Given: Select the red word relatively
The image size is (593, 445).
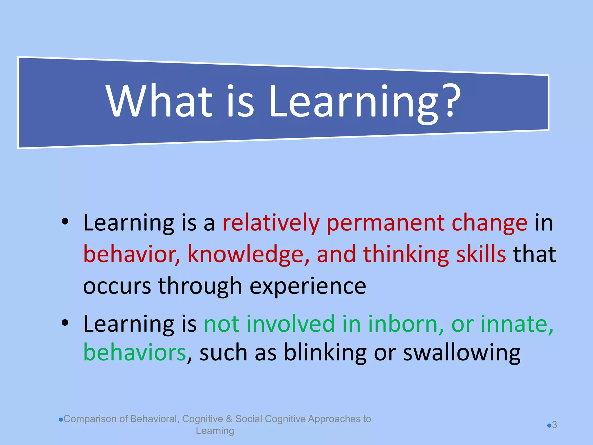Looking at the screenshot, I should [x=271, y=223].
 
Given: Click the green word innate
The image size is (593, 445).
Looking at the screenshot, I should [x=517, y=324].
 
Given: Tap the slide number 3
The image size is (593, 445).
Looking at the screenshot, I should [x=554, y=425].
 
